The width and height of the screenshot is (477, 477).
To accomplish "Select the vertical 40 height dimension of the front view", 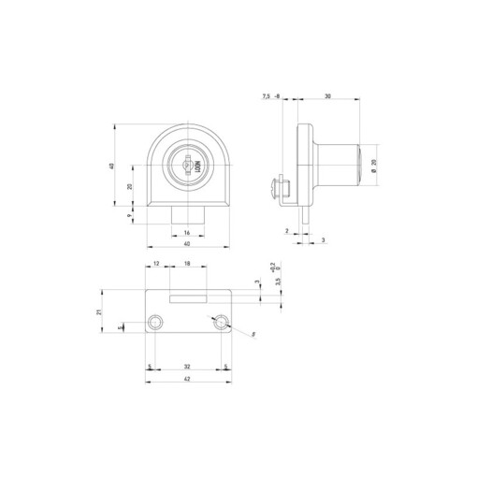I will tap(113, 166).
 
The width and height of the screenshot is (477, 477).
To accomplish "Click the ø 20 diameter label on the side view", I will tap(373, 166).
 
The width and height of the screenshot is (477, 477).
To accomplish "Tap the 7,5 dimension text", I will tap(266, 96).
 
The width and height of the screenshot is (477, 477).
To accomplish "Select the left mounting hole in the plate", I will tap(154, 323).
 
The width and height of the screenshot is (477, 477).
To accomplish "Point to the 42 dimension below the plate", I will tap(187, 380).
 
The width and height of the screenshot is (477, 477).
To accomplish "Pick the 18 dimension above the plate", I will tap(187, 266).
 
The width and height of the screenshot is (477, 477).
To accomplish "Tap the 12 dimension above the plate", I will tap(157, 266).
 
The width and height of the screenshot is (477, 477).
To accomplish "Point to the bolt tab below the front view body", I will tap(187, 217).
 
